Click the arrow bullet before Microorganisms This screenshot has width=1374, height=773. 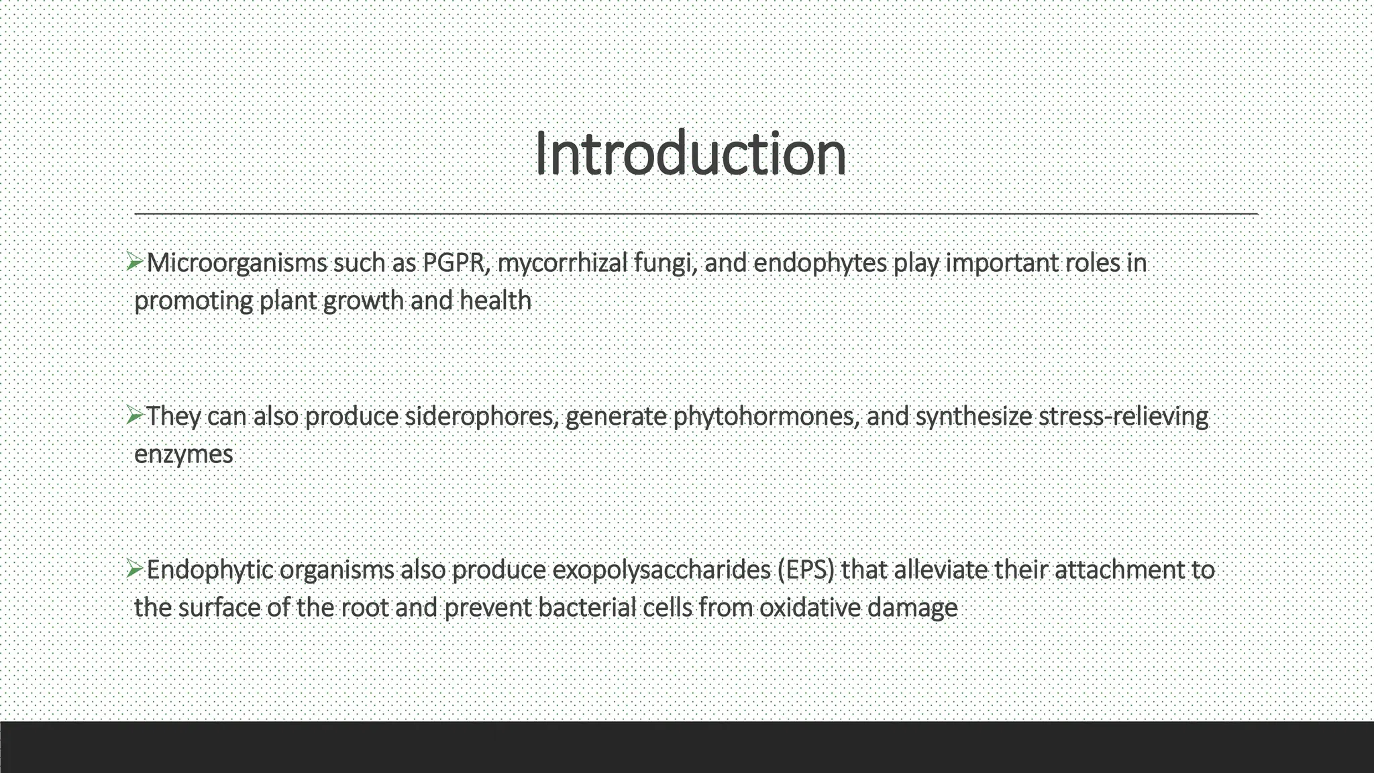(x=134, y=262)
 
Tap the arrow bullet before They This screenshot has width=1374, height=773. (x=134, y=416)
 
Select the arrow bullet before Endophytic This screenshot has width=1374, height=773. (x=134, y=570)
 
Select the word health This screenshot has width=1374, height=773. (x=495, y=301)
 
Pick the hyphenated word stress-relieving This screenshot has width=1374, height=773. (x=1123, y=416)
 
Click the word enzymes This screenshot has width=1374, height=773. (x=183, y=454)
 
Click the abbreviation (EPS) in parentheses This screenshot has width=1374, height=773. (x=806, y=570)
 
